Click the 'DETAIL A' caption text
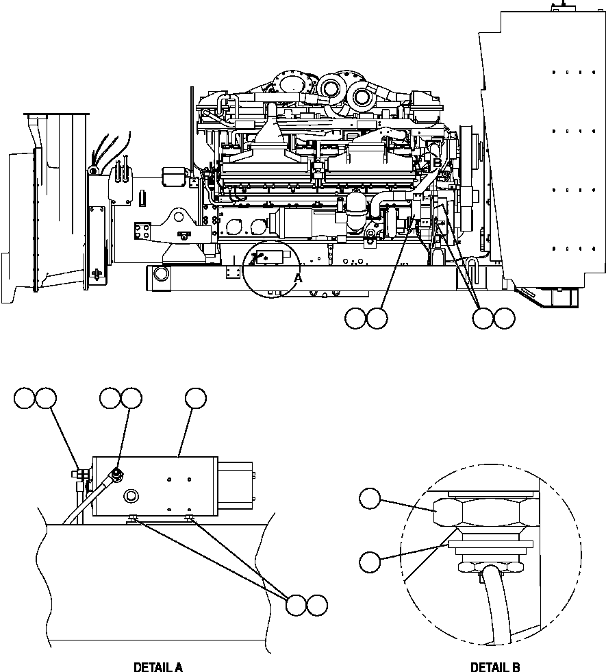(x=158, y=667)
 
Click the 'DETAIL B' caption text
(x=495, y=667)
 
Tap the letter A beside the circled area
(x=297, y=278)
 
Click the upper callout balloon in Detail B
(x=370, y=499)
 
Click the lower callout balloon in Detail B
(x=370, y=562)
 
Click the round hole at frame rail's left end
(x=161, y=273)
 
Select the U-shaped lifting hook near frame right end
(x=472, y=263)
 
